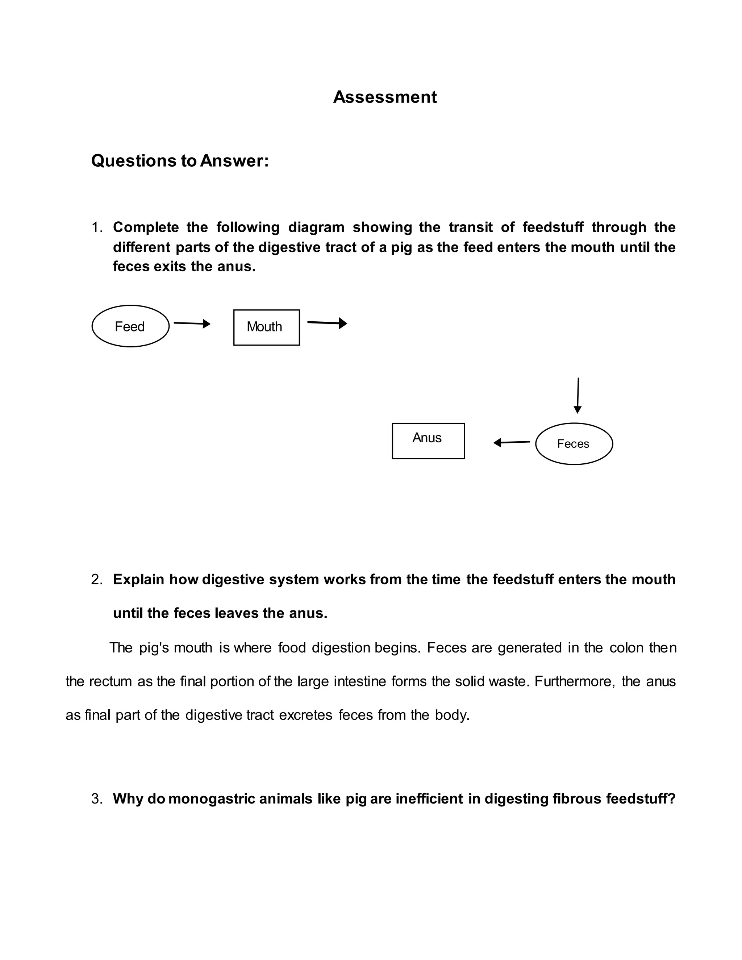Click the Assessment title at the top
pos(385,97)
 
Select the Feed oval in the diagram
pos(130,326)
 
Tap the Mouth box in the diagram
pos(266,327)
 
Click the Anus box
pos(428,441)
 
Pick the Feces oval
pos(574,443)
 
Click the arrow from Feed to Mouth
pos(192,324)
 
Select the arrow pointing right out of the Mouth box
pos(327,323)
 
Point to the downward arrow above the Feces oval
pos(578,395)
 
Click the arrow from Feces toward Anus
pos(512,442)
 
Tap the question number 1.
pos(97,228)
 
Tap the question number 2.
pos(97,580)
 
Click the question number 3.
pos(97,799)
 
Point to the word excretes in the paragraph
pos(305,715)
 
